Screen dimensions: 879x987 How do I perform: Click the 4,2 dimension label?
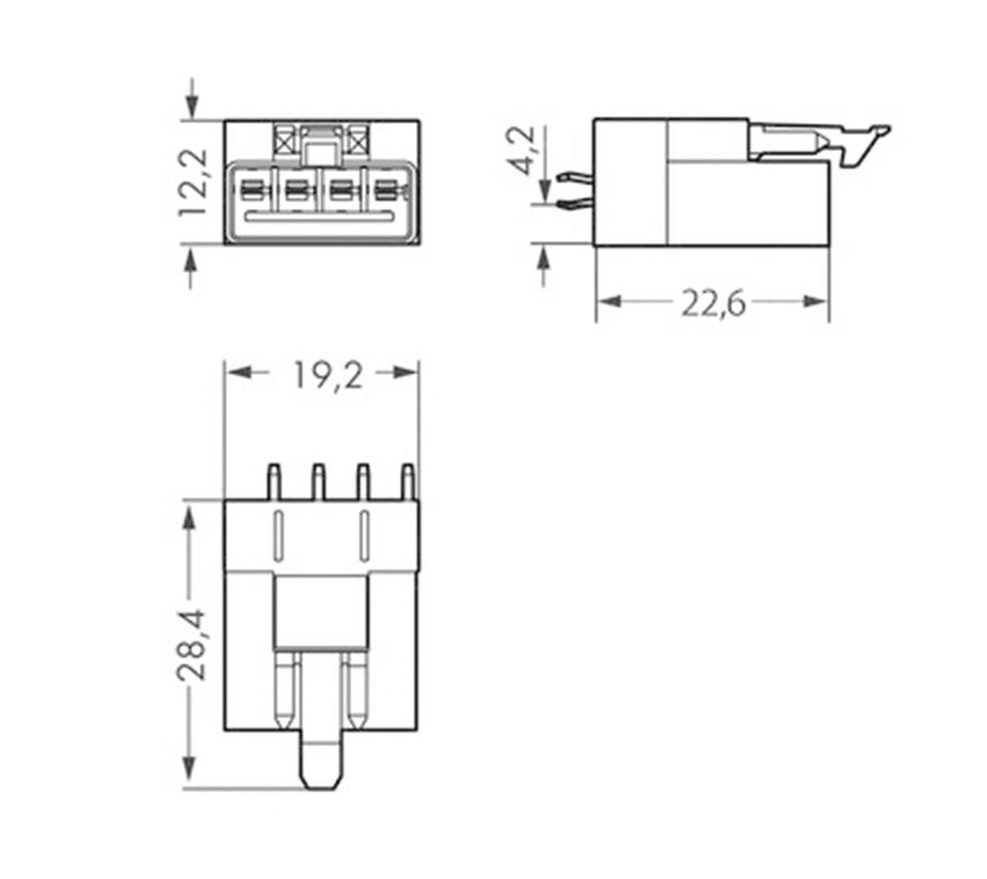pyautogui.click(x=523, y=149)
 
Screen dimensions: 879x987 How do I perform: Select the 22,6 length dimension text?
pyautogui.click(x=712, y=303)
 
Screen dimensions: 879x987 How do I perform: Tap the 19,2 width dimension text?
pyautogui.click(x=327, y=375)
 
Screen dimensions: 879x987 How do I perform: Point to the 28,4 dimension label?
pyautogui.click(x=192, y=644)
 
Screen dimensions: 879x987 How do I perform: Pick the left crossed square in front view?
pyautogui.click(x=285, y=142)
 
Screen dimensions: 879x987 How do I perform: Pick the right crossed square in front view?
pyautogui.click(x=359, y=142)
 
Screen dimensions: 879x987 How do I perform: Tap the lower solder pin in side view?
pyautogui.click(x=575, y=206)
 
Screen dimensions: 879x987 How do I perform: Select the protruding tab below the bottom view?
pyautogui.click(x=321, y=760)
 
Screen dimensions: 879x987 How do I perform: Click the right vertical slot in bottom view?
pyautogui.click(x=365, y=535)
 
